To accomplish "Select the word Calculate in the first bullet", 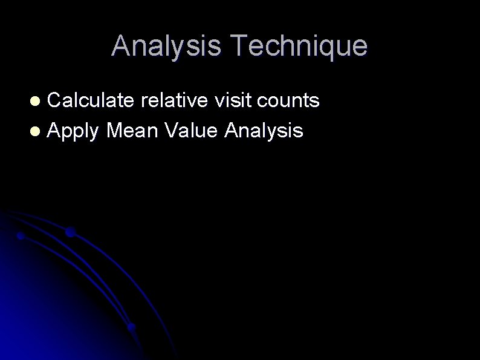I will (x=91, y=100).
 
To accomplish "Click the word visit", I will (x=233, y=100).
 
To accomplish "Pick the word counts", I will (x=288, y=101).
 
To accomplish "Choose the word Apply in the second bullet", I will (x=73, y=130).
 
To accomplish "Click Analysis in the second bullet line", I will (x=264, y=130).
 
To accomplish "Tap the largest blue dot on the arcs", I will (x=70, y=232).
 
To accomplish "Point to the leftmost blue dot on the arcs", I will (x=21, y=235).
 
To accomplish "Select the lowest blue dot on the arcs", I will (x=131, y=326).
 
